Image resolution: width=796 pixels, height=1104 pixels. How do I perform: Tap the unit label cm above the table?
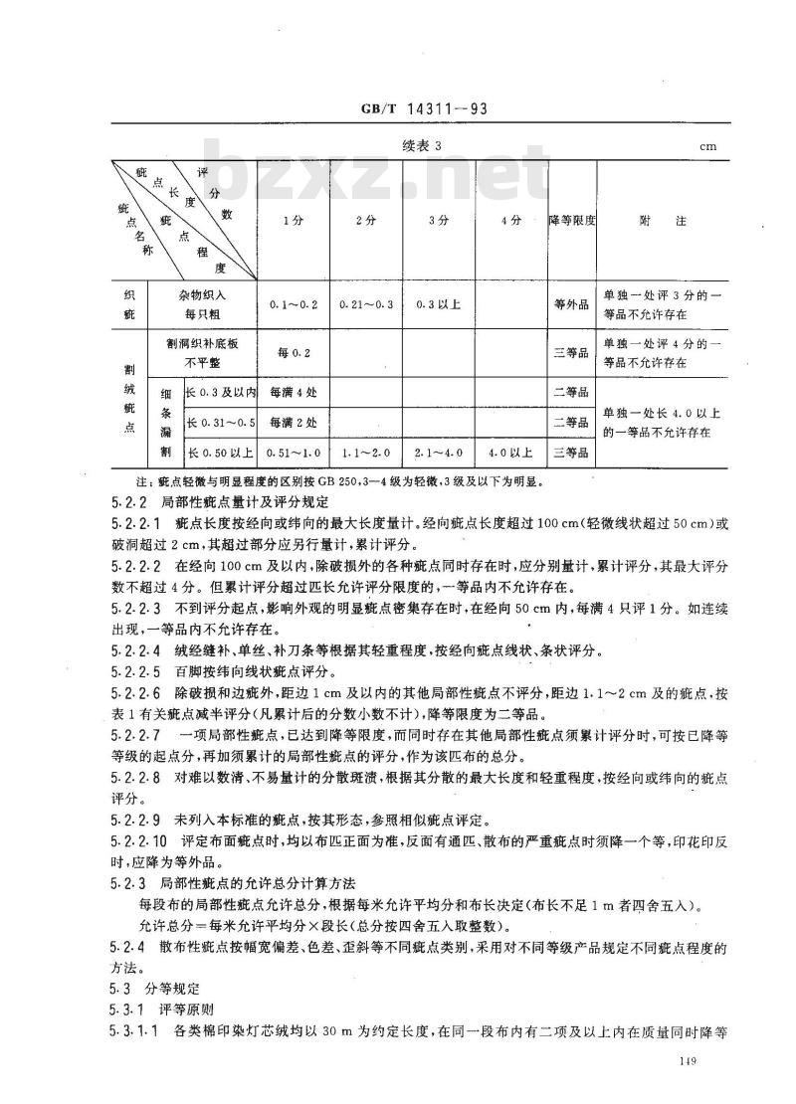click(707, 146)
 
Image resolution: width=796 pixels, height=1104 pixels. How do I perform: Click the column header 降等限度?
click(571, 221)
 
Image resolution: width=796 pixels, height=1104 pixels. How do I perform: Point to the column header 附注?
click(663, 221)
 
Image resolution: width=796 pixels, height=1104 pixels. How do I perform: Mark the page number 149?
click(683, 1065)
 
